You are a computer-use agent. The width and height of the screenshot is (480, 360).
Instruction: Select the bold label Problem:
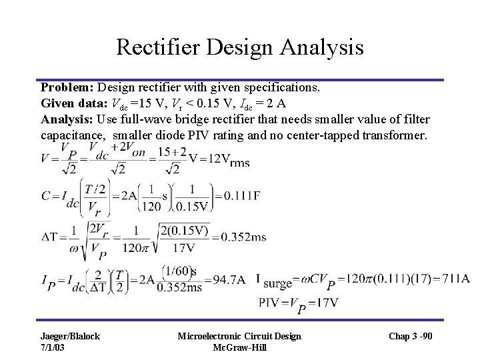pyautogui.click(x=67, y=87)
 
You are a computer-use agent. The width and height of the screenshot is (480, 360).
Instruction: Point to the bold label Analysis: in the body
pyautogui.click(x=67, y=120)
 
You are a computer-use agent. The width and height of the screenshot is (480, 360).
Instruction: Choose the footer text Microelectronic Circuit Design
pyautogui.click(x=239, y=336)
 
